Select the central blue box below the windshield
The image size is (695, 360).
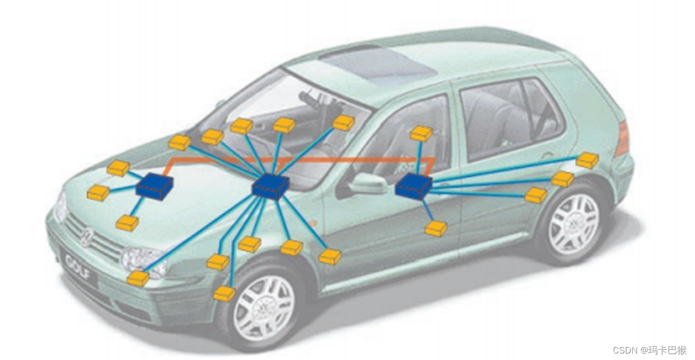tap(270, 187)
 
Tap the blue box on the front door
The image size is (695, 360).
tap(414, 187)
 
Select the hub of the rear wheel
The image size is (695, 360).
tap(573, 223)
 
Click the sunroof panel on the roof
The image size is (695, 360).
tap(378, 65)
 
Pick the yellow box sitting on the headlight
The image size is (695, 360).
tap(138, 279)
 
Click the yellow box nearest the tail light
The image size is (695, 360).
tap(587, 160)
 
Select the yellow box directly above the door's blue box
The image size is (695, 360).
tap(421, 133)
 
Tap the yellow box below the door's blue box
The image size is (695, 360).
tap(436, 229)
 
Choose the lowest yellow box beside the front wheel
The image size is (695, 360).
tap(224, 294)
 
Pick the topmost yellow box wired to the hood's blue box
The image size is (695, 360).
tap(118, 168)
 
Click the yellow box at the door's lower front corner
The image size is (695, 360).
tap(330, 257)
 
